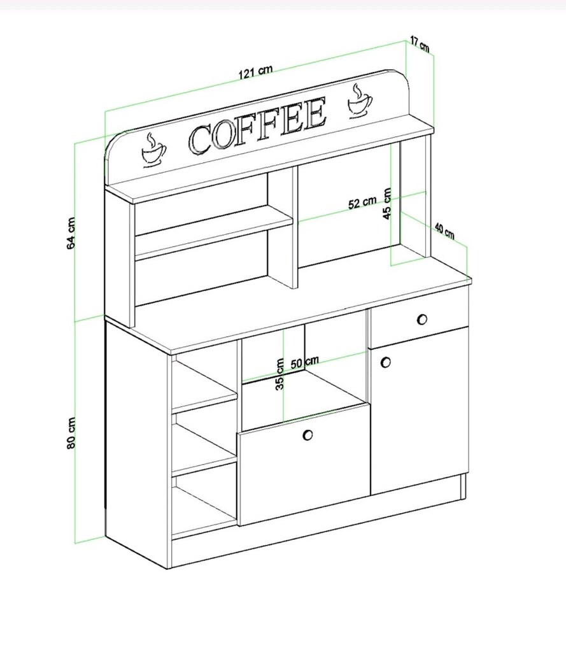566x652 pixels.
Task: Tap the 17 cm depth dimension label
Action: (420, 44)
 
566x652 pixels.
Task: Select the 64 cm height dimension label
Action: (71, 233)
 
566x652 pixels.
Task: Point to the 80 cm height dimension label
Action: (71, 432)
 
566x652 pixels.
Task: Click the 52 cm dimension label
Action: (362, 202)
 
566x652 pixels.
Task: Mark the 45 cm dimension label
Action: (386, 204)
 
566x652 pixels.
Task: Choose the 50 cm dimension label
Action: (304, 362)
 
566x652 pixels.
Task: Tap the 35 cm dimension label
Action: (280, 374)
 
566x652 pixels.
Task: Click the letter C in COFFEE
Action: (200, 139)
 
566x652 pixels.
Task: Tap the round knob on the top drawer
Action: (421, 320)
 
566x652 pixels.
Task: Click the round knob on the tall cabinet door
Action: (386, 362)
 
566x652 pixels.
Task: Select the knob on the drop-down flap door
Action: (308, 435)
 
